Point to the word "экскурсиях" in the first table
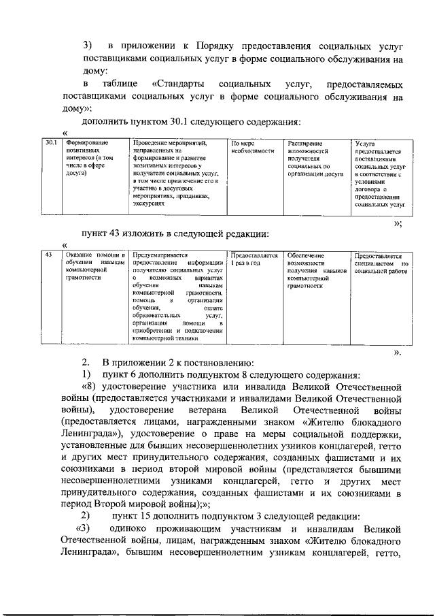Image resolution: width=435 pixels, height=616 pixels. (x=150, y=203)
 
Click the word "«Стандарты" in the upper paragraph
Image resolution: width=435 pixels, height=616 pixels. (x=180, y=84)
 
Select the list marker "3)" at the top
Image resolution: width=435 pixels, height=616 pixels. (x=87, y=46)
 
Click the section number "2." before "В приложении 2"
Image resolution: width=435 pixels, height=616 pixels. (x=86, y=361)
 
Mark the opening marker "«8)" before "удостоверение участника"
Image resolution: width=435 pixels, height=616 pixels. (x=90, y=387)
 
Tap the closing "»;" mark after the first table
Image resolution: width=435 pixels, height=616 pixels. (x=398, y=223)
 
